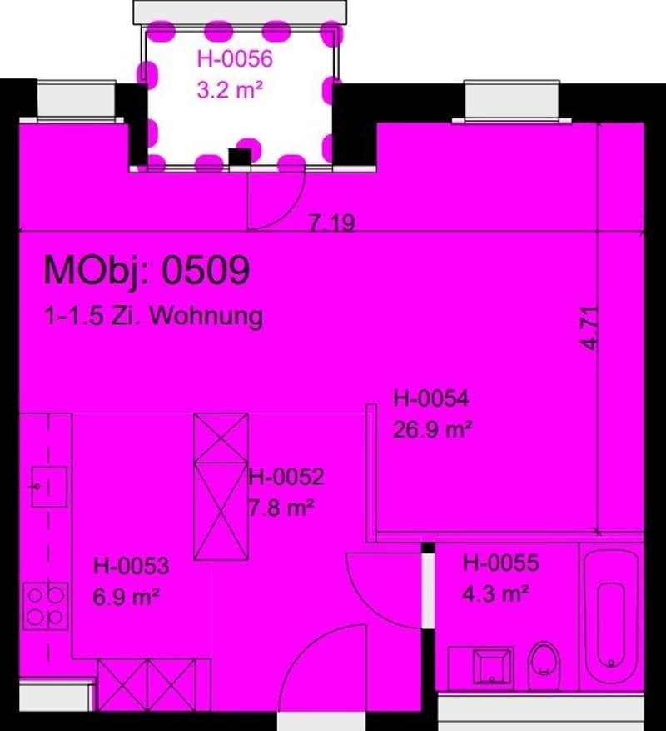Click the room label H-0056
[x=235, y=59]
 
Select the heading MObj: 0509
[x=147, y=271]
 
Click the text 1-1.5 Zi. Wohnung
[x=154, y=316]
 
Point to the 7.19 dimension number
[x=332, y=223]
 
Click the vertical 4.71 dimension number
[x=589, y=328]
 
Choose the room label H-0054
[x=430, y=398]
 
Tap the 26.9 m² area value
[x=433, y=429]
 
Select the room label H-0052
[x=286, y=477]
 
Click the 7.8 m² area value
[x=281, y=508]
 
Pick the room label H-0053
[x=132, y=566]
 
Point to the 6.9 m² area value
[x=127, y=597]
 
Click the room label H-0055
[x=500, y=563]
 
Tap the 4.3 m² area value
[x=495, y=593]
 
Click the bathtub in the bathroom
[x=611, y=618]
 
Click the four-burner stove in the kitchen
[x=46, y=607]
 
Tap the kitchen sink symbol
[x=49, y=487]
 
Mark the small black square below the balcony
[x=240, y=157]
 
